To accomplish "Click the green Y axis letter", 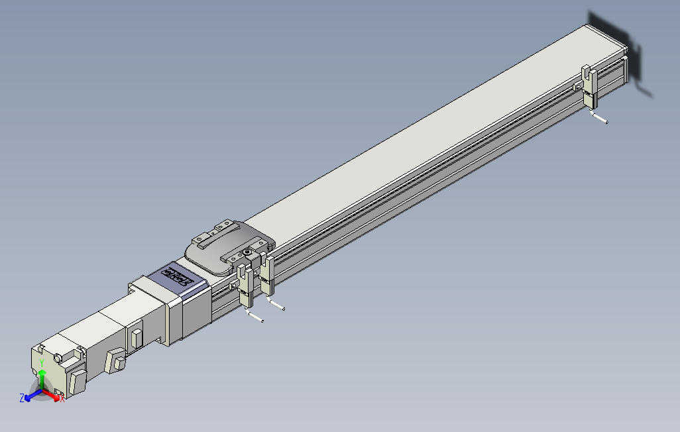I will [x=42, y=363].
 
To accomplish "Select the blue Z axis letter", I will [x=22, y=398].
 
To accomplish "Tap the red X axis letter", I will [x=62, y=399].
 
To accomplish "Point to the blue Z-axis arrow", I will [x=30, y=396].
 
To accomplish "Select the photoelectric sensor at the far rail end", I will [x=589, y=89].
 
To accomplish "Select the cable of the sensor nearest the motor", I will [x=256, y=317].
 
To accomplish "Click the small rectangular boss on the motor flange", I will [x=137, y=337].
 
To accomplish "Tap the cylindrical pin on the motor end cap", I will [x=59, y=358].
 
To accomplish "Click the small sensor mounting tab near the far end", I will [x=578, y=86].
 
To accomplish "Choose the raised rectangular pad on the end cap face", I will [x=78, y=383].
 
